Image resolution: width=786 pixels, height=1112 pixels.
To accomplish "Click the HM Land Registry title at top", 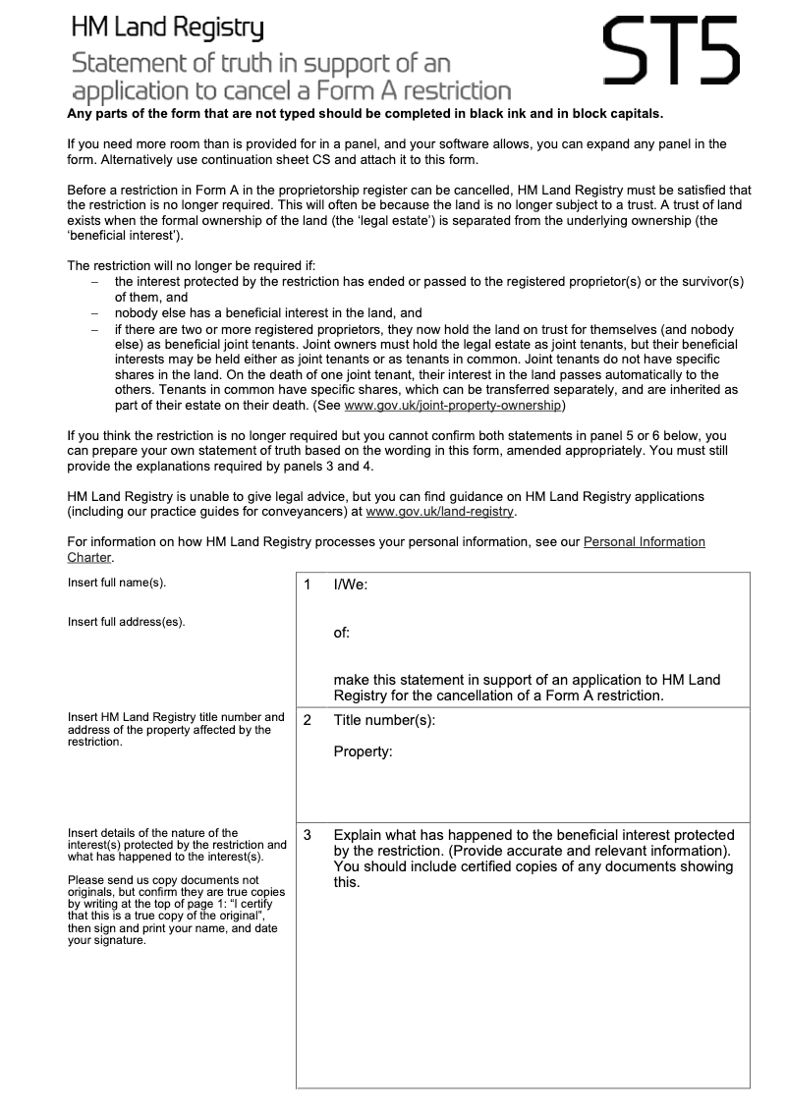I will pyautogui.click(x=167, y=30).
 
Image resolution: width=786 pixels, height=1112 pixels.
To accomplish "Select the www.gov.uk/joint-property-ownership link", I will pyautogui.click(x=454, y=405).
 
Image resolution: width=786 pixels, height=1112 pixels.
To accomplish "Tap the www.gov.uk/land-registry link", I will pyautogui.click(x=439, y=511).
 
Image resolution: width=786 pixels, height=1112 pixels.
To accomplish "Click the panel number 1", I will pyautogui.click(x=308, y=585).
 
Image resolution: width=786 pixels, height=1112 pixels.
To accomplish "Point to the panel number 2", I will pyautogui.click(x=308, y=720).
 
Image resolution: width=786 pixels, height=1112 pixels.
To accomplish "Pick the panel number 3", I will pyautogui.click(x=308, y=835).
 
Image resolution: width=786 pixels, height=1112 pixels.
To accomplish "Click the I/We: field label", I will pyautogui.click(x=351, y=585).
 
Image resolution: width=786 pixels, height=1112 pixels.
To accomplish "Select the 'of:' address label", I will pyautogui.click(x=342, y=633).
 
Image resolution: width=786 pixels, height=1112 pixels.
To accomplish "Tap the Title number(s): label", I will pyautogui.click(x=384, y=720).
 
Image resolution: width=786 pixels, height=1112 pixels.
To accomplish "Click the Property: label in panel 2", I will pyautogui.click(x=363, y=752).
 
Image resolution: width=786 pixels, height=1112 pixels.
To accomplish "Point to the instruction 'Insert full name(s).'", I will pyautogui.click(x=117, y=583).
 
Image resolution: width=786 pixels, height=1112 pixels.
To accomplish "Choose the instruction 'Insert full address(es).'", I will pyautogui.click(x=126, y=622).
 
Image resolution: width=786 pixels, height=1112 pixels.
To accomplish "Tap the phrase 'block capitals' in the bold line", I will pyautogui.click(x=613, y=113).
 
